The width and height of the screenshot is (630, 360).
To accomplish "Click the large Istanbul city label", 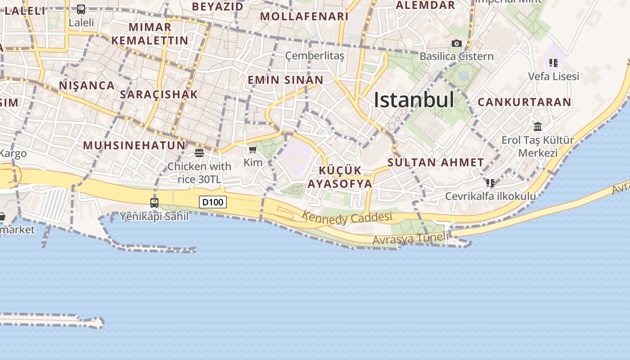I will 414,100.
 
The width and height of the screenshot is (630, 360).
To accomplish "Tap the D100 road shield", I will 213,202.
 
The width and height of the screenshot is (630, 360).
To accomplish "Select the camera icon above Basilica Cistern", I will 457,44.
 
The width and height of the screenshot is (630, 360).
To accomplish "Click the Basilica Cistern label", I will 456,56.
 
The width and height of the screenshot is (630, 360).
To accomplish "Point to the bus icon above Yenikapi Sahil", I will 154,203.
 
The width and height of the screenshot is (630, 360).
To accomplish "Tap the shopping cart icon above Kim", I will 252,150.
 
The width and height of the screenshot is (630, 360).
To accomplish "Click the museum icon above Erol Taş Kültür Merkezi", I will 538,126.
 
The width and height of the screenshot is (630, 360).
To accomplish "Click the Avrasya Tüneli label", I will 410,238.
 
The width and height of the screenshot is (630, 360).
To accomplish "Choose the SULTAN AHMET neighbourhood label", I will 436,162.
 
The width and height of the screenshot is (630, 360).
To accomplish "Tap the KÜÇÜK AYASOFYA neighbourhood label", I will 340,177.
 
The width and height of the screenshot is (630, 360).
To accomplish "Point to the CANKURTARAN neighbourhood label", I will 524,102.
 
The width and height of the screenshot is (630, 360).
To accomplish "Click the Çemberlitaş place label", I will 315,56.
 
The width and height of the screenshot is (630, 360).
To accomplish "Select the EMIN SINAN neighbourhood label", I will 285,80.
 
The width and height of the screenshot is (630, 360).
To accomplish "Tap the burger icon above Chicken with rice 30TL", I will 199,153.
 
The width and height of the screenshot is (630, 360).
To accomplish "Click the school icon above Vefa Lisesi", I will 553,63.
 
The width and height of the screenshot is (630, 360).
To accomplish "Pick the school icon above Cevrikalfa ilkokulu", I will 490,183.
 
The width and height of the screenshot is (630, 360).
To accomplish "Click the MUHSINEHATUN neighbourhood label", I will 134,145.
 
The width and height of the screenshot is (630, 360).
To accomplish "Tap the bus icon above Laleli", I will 81,9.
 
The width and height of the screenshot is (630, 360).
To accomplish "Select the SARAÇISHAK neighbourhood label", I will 159,94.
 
